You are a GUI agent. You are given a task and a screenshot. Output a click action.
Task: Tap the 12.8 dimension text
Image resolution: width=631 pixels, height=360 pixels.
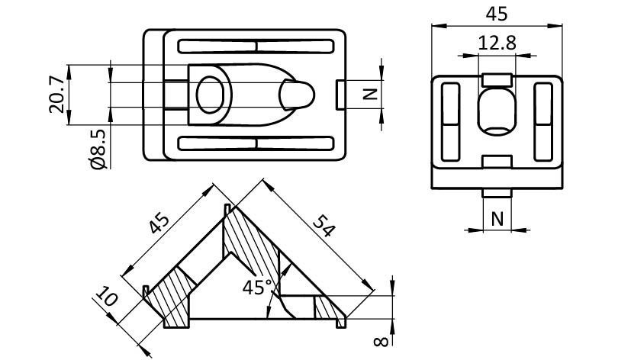click(497, 44)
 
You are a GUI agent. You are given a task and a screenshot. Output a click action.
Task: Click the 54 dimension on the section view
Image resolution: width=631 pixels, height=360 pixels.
click(324, 227)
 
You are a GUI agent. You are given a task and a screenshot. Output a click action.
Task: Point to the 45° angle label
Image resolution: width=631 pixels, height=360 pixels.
click(257, 288)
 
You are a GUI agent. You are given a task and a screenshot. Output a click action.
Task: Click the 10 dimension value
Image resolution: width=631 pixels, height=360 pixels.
click(107, 297)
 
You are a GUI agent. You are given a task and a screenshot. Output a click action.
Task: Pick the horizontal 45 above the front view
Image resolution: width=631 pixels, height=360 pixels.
click(497, 14)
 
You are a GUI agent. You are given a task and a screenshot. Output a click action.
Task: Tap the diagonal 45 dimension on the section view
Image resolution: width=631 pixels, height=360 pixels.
click(159, 224)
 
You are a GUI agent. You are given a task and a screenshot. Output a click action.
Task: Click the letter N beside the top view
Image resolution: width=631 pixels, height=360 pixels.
click(369, 94)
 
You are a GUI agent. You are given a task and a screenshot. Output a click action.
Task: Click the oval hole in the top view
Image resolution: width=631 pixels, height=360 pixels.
click(213, 95)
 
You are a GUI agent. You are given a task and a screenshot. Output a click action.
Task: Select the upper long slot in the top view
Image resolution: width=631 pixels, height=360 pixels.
click(256, 46)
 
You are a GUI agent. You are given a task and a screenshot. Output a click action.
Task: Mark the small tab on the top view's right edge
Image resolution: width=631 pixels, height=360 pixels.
click(340, 94)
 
